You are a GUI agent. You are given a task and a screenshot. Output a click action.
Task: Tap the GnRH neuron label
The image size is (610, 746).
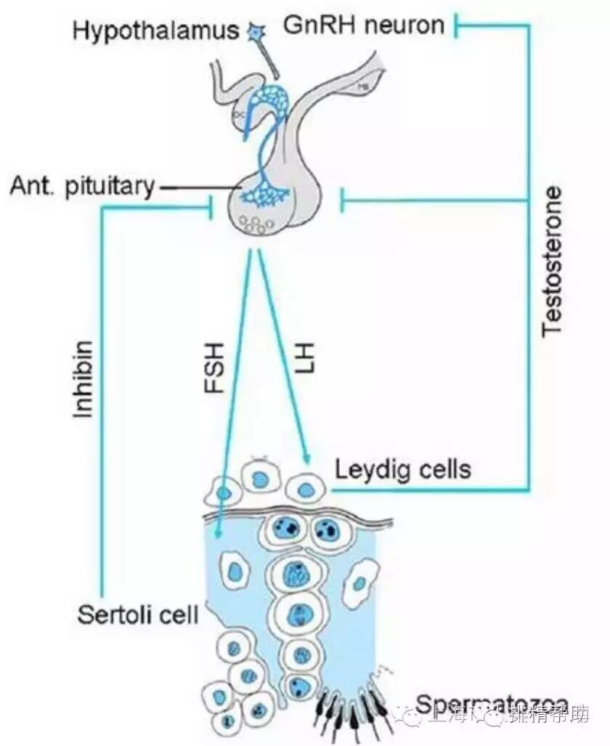point(363,26)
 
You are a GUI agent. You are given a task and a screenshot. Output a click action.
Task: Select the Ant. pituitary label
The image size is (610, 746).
point(83,187)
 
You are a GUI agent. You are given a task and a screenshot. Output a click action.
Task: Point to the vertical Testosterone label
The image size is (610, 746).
point(553,261)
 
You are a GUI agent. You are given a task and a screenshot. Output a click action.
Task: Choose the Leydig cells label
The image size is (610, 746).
point(402,470)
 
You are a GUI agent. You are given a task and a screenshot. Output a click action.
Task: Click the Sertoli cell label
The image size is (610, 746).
point(137,615)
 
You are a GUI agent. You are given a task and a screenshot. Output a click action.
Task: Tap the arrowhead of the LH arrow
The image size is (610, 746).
point(307,459)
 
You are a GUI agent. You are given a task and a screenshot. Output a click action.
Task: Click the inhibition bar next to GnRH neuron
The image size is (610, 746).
point(457,27)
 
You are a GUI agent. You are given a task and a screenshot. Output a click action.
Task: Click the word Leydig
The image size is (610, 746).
point(368,471)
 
